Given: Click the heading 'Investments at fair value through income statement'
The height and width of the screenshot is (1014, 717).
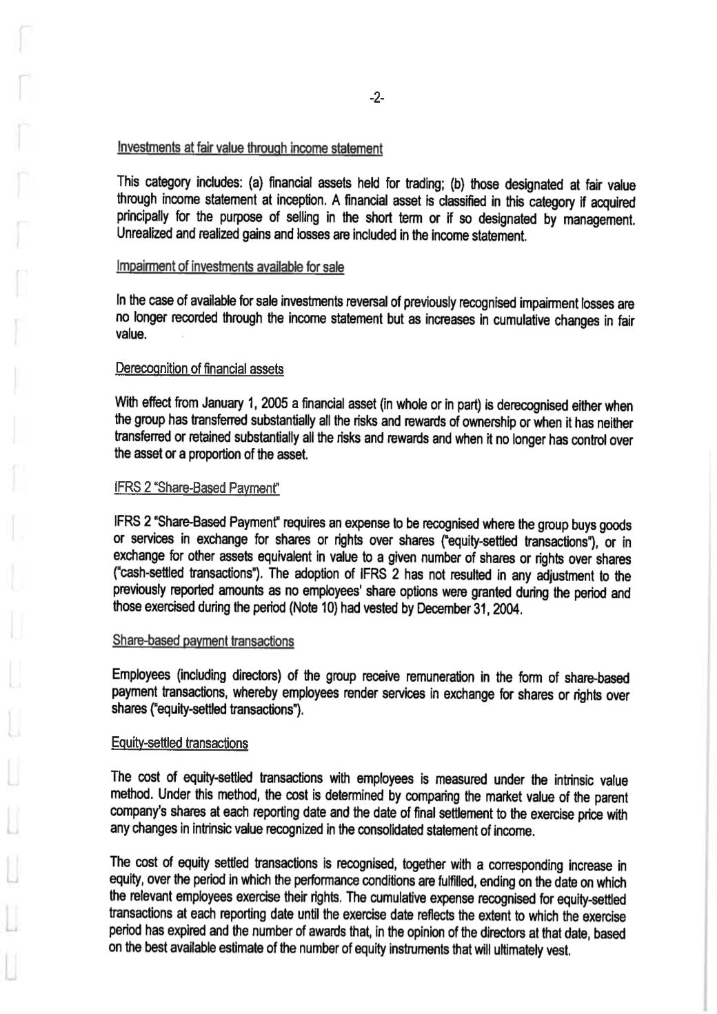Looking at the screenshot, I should [250, 148].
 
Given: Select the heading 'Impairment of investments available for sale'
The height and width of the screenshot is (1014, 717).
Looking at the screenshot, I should [231, 267].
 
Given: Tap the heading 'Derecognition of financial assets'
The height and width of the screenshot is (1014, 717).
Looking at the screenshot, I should [199, 369].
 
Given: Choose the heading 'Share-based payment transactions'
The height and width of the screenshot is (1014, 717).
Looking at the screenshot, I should [203, 641].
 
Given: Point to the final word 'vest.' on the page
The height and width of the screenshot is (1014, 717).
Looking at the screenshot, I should [558, 952].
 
